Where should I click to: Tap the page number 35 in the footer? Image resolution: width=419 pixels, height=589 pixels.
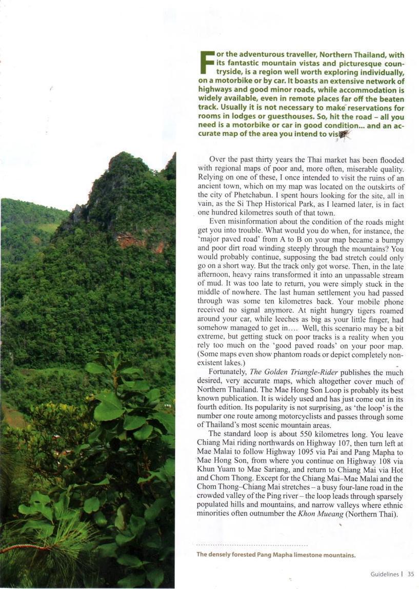tap(411, 574)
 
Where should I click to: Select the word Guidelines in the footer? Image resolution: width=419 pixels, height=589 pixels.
tap(384, 574)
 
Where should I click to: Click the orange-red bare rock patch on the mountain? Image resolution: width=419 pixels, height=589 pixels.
tap(132, 240)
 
